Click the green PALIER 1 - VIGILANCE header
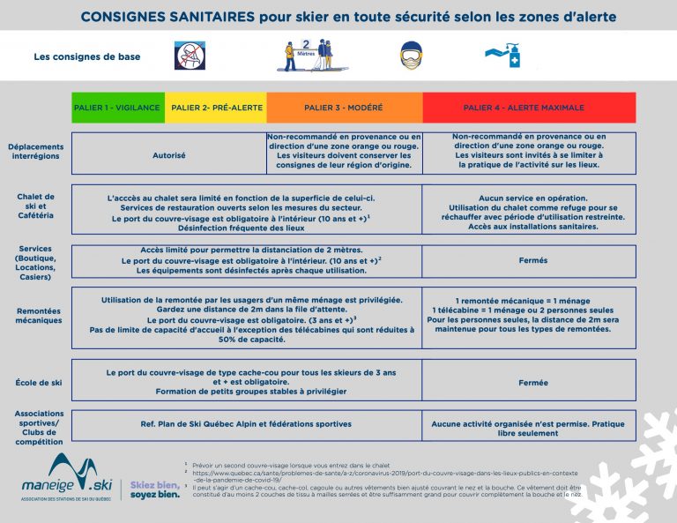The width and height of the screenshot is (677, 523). click(x=118, y=108)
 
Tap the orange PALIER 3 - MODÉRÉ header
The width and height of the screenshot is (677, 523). click(x=344, y=108)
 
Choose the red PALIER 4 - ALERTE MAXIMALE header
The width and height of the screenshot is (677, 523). click(x=529, y=108)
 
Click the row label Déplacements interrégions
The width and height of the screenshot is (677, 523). click(x=35, y=151)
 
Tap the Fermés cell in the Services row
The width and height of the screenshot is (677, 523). click(x=529, y=260)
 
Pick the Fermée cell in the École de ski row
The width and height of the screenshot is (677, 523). click(x=529, y=383)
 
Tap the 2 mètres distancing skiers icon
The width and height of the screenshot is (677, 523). click(x=307, y=56)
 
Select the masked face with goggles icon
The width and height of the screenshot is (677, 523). click(x=410, y=55)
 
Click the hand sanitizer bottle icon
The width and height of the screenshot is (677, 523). click(x=505, y=55)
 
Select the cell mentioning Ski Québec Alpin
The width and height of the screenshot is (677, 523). click(x=246, y=424)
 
